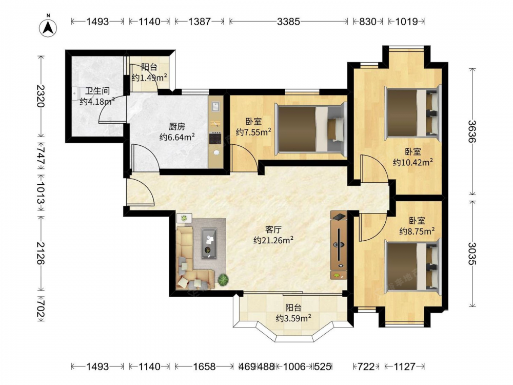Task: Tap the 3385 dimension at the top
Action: point(288,22)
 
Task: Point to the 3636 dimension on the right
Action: point(472,131)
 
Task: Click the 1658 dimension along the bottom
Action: point(204,367)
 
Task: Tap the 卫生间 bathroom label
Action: point(97,91)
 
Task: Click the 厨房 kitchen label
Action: point(177,126)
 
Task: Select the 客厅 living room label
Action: point(273,229)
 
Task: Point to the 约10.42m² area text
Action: point(413,162)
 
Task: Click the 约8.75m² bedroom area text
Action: point(417,232)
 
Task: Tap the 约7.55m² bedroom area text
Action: point(253,132)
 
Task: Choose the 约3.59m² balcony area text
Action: point(293,318)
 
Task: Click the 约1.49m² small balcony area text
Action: point(149,78)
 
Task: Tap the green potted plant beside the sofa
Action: point(224,280)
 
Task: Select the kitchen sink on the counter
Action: point(215,106)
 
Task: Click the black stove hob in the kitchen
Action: point(215,139)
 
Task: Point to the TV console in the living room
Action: point(339,245)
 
